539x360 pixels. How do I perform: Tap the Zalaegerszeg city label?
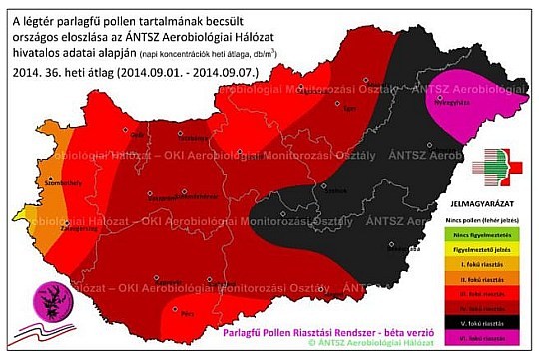[37, 226]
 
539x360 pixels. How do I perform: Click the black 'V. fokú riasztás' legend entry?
[485, 323]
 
